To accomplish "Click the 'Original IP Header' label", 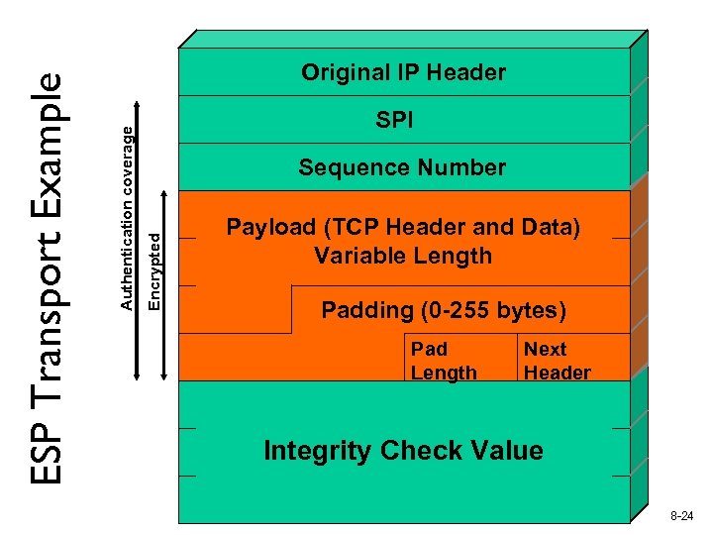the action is coord(403,72).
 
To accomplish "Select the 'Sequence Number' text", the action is coord(402,168).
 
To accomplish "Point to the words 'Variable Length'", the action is coord(402,256).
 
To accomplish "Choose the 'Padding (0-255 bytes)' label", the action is coord(444,311).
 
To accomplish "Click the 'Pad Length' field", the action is coord(443,361).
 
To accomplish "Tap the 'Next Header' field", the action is coord(557,361).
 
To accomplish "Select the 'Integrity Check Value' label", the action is coord(403,451).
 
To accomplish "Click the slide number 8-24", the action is coord(681,516).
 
